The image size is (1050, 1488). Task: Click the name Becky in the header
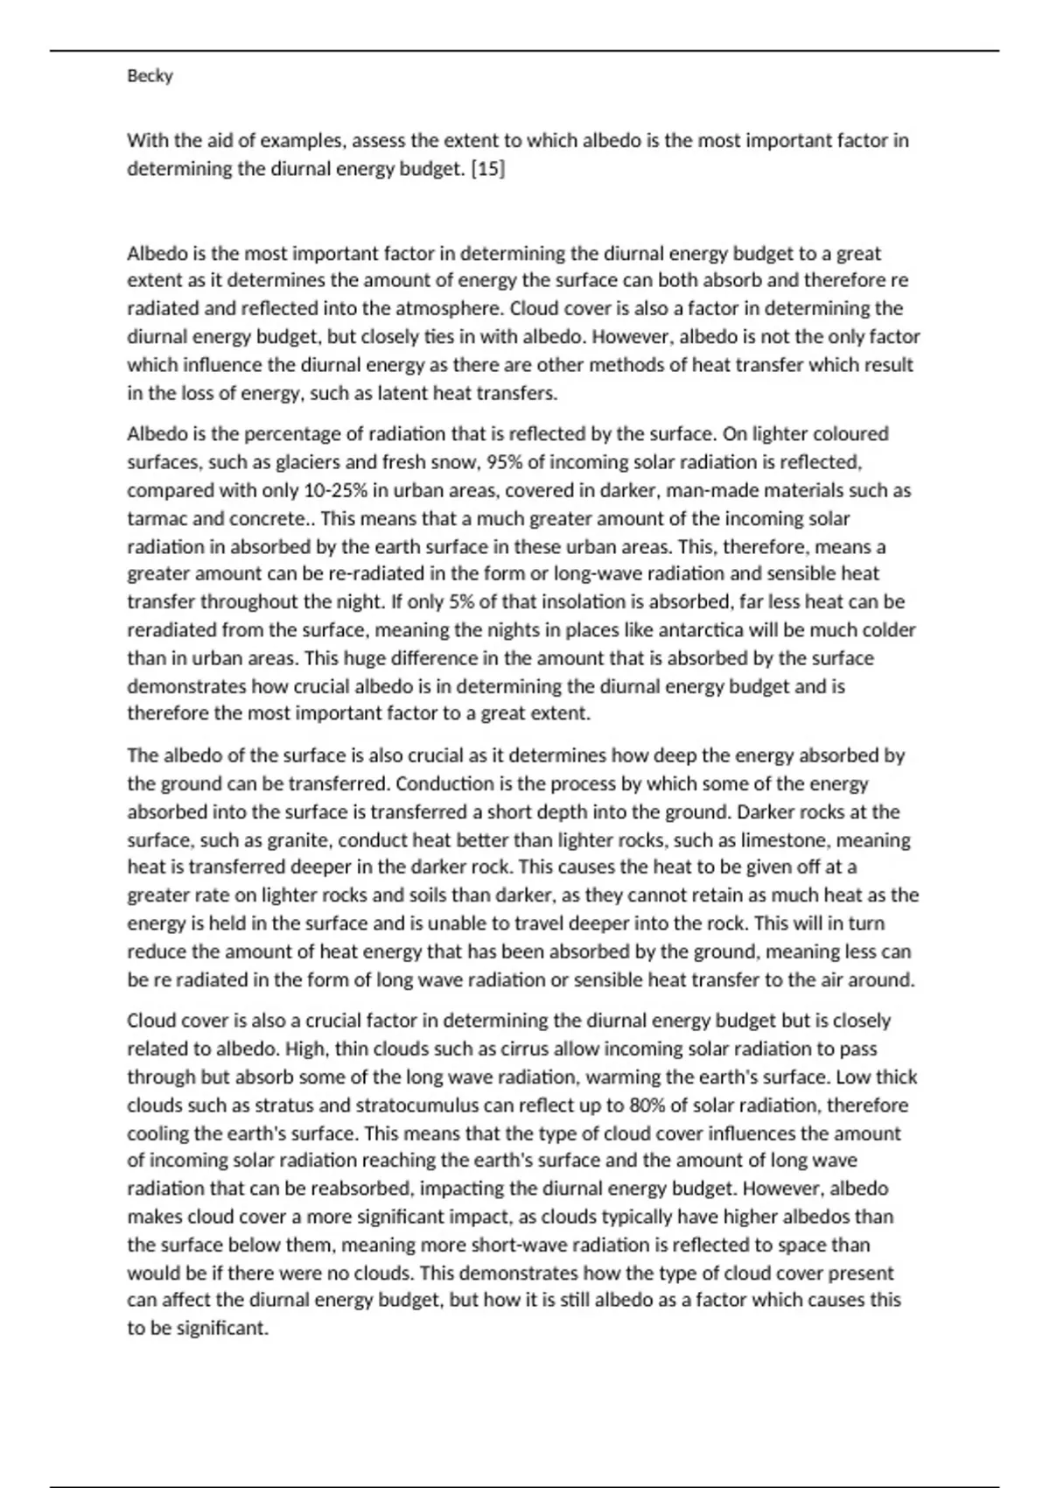click(x=150, y=76)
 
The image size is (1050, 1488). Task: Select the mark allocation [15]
click(x=487, y=169)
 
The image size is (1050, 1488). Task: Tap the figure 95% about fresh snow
click(x=503, y=462)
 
